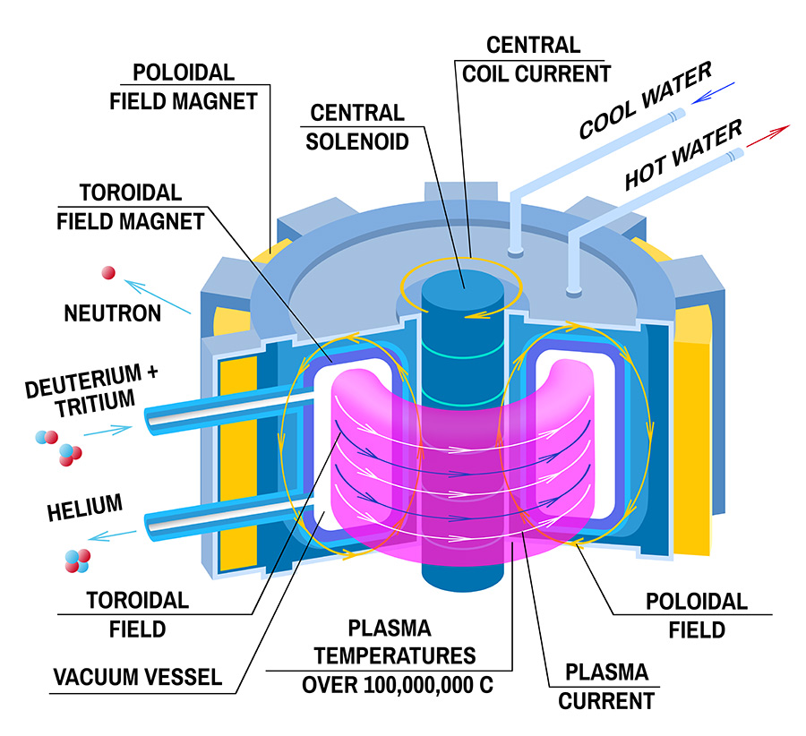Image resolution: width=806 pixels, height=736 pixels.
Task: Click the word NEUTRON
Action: click(x=113, y=313)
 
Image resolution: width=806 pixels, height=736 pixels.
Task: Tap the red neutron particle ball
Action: click(x=108, y=272)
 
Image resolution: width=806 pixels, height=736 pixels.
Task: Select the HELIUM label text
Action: click(x=83, y=508)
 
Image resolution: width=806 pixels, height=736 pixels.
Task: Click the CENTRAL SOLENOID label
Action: click(x=357, y=127)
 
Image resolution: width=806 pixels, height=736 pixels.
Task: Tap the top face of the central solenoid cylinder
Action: click(x=462, y=278)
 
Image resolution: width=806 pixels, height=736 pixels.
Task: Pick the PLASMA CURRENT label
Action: click(x=605, y=685)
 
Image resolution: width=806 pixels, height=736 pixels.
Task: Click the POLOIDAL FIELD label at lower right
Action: click(x=697, y=616)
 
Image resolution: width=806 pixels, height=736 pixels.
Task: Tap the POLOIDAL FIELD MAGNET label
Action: click(x=184, y=85)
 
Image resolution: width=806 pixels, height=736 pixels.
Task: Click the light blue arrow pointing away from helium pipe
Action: click(x=115, y=536)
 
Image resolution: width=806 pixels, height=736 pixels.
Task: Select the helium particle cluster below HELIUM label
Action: click(x=77, y=561)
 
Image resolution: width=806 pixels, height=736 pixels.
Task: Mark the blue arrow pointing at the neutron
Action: click(x=159, y=297)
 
